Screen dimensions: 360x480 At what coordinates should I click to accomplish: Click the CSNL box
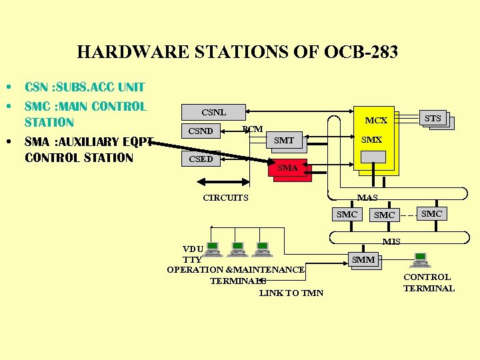213,111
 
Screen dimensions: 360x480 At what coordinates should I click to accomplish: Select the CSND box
201,131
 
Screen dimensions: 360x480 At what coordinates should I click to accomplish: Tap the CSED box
201,159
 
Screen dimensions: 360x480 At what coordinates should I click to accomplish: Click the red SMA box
287,168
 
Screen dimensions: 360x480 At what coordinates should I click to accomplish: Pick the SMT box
284,140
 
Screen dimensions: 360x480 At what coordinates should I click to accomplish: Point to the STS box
433,119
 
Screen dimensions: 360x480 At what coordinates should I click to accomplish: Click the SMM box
363,259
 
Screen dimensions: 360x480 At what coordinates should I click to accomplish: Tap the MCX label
376,121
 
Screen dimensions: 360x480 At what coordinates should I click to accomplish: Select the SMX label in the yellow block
371,140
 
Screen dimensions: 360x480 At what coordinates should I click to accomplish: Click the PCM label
253,129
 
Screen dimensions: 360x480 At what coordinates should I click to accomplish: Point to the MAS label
367,198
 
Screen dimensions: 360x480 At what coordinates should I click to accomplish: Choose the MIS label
391,241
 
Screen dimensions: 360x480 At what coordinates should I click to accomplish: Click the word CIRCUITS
225,197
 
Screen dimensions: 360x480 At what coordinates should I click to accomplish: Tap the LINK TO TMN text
291,293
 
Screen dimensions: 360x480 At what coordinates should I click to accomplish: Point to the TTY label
192,259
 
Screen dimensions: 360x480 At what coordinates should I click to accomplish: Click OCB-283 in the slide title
361,51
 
